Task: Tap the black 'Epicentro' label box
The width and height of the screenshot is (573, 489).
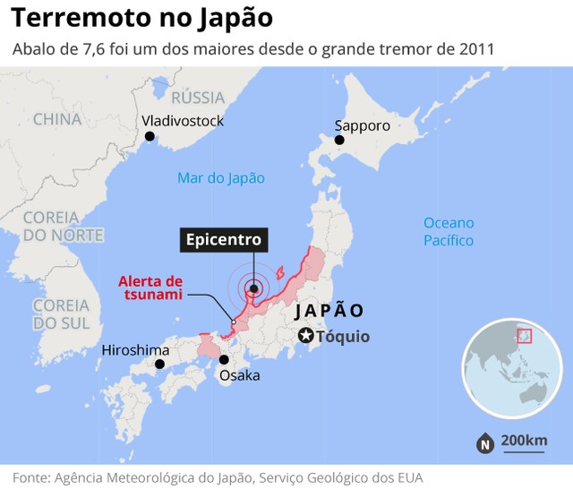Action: pos(223,240)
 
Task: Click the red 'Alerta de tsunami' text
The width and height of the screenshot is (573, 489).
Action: pos(150,287)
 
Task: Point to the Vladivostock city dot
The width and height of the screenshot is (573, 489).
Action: pos(150,136)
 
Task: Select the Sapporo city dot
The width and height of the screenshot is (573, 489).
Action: pos(339,141)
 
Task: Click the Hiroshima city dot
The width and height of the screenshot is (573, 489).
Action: pos(160,365)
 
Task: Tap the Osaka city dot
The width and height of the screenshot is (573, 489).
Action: pos(223,360)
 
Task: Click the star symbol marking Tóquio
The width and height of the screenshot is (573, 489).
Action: pos(306,336)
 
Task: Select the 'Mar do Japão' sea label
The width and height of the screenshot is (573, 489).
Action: pos(221,177)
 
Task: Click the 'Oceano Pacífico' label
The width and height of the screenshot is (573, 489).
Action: pos(449,231)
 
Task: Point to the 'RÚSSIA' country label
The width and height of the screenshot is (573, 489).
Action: pos(197,98)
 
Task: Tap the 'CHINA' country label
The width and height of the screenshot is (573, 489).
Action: pos(57,119)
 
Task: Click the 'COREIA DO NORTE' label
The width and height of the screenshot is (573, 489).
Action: pos(63,226)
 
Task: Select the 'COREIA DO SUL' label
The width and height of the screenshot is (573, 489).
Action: pos(61,313)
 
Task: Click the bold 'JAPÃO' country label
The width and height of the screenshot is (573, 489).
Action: pos(329,310)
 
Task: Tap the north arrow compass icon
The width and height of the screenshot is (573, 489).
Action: pos(484,442)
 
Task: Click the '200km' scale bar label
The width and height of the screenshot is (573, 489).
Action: pos(524,440)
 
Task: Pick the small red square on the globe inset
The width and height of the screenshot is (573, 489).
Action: pos(524,336)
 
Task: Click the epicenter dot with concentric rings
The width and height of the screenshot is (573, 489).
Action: pos(253,288)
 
